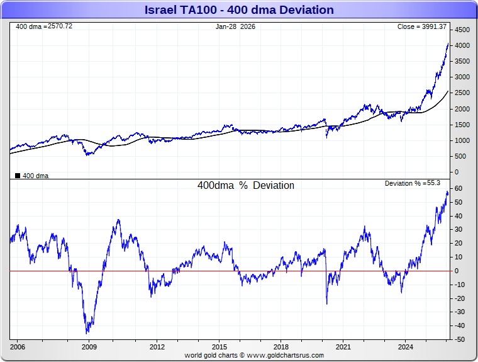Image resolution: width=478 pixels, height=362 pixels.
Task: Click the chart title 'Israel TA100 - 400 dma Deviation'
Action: point(239,9)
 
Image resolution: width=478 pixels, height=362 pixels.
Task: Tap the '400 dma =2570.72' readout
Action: point(44,26)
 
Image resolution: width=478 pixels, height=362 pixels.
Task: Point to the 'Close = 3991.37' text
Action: point(422,26)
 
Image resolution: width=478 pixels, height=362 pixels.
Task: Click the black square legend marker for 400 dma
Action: point(17,176)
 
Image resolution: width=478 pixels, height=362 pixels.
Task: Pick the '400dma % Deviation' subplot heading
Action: point(245,186)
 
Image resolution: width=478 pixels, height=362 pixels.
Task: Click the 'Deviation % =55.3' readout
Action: point(413,183)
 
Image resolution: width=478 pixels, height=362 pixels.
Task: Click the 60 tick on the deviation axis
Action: point(460,189)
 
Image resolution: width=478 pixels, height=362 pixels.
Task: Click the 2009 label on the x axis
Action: point(89,347)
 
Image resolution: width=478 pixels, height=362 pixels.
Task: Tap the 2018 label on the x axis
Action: point(281,347)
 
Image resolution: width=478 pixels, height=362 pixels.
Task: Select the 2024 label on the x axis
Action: point(406,347)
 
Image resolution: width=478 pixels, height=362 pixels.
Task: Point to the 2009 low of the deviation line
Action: point(87,333)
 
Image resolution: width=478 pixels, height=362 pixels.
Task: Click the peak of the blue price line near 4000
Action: point(448,43)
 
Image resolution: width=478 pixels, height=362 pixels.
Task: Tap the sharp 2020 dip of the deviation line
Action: point(327,304)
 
